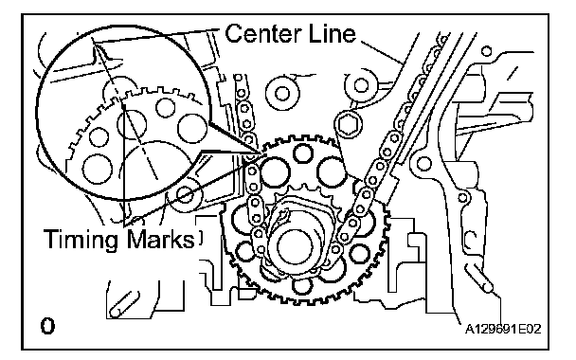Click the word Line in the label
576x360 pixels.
pyautogui.click(x=333, y=33)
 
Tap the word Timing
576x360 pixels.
pyautogui.click(x=82, y=241)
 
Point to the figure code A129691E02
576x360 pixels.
pyautogui.click(x=503, y=329)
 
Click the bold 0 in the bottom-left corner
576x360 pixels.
pyautogui.click(x=47, y=326)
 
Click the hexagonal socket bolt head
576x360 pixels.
pyautogui.click(x=348, y=125)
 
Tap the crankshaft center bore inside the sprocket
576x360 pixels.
pyautogui.click(x=295, y=246)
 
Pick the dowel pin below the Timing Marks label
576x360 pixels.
pyautogui.click(x=124, y=304)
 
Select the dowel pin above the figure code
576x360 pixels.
pyautogui.click(x=479, y=279)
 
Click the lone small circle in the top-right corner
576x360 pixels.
pyautogui.click(x=486, y=51)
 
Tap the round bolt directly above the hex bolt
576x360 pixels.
pyautogui.click(x=361, y=85)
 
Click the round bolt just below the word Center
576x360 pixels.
pyautogui.click(x=281, y=93)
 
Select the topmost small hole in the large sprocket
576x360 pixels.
pyautogui.click(x=303, y=153)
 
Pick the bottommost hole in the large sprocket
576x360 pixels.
pyautogui.click(x=303, y=285)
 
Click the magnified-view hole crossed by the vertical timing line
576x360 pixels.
pyautogui.click(x=131, y=124)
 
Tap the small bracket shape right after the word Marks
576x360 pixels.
pyautogui.click(x=200, y=238)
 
